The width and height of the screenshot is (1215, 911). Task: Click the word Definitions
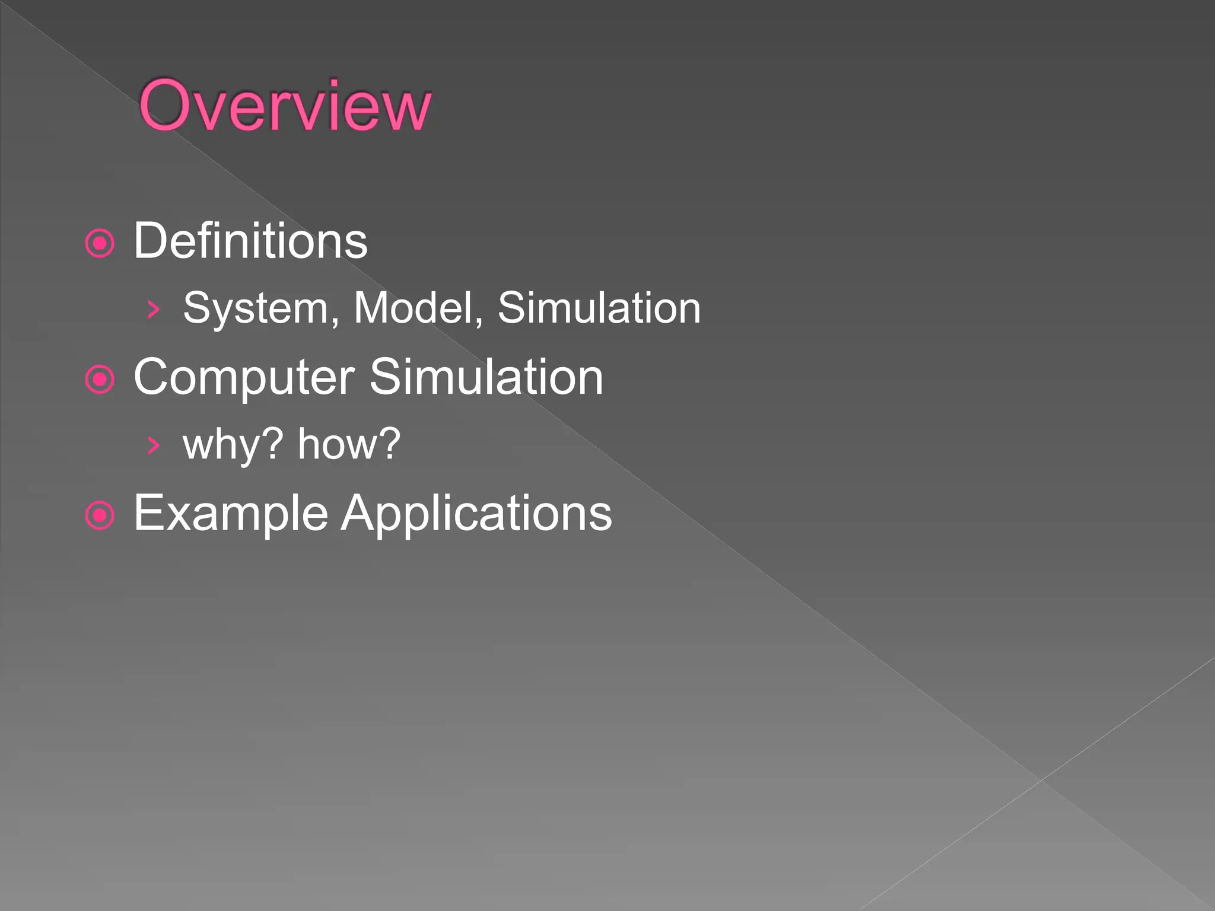coord(250,241)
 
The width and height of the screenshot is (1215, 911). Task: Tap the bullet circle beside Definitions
coord(100,243)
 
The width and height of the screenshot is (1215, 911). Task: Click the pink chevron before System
coord(154,309)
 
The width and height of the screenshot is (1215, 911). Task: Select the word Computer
coord(244,377)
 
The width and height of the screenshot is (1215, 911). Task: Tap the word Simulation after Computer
coord(486,377)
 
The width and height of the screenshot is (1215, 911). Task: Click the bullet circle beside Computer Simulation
coord(100,379)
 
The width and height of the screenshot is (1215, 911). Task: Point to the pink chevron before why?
coord(154,445)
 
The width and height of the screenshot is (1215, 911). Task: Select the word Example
coord(231,514)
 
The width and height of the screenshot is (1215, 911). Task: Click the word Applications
coord(476,514)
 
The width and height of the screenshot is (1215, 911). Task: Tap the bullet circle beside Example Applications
coord(100,515)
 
